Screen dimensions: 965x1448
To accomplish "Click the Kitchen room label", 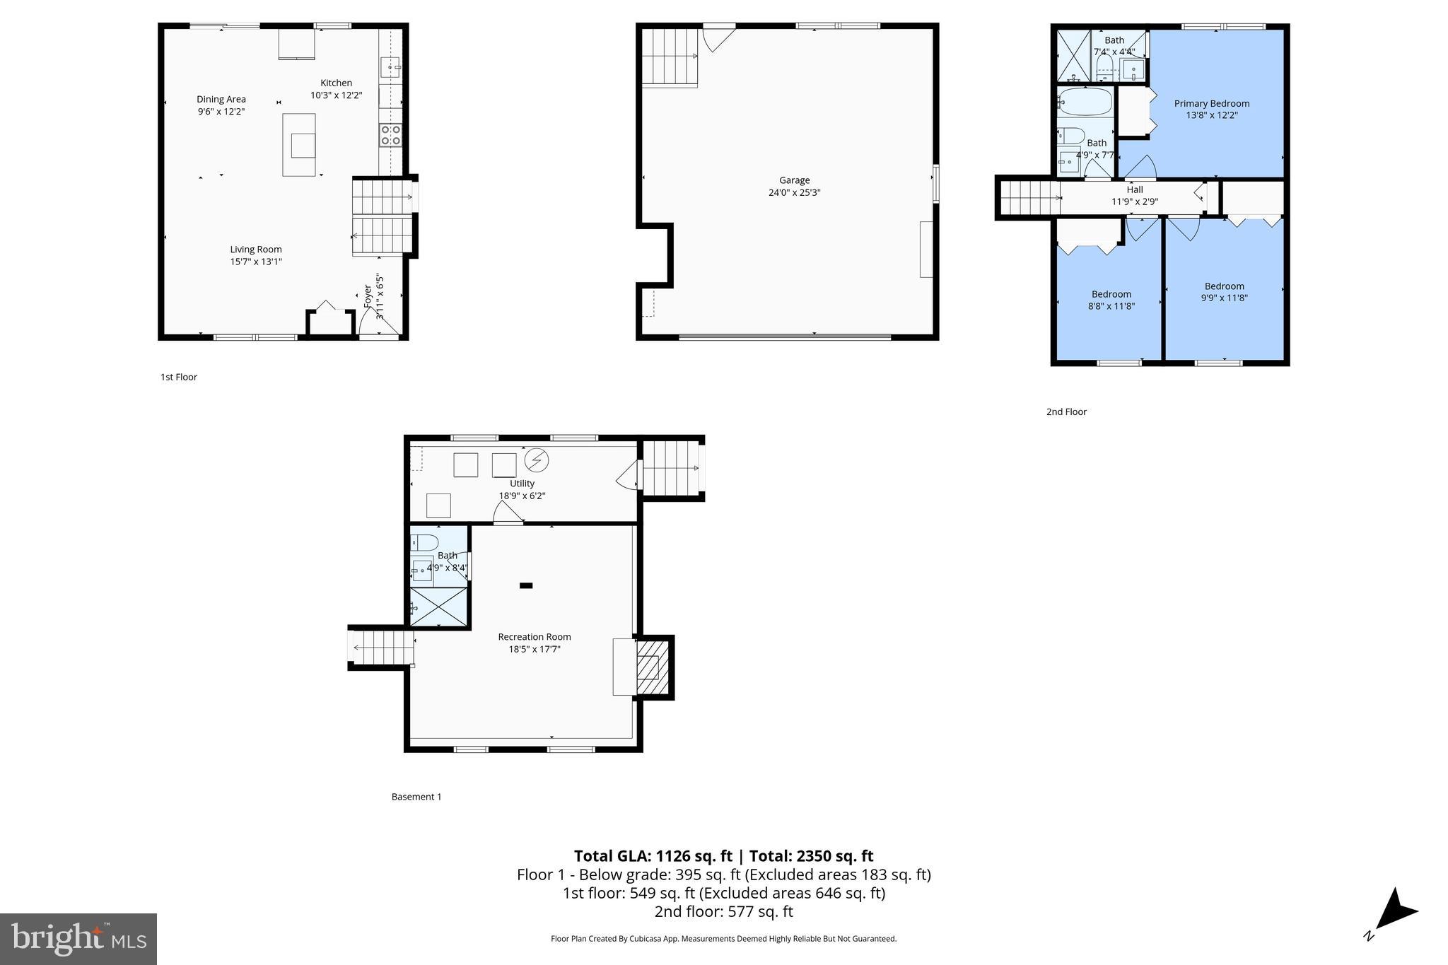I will (x=336, y=83).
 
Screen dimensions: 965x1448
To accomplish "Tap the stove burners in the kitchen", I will (x=390, y=135).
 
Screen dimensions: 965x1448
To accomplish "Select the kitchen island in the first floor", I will (x=299, y=144).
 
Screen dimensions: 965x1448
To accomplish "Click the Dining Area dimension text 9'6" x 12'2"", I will (x=221, y=111).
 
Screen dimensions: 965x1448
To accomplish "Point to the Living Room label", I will (x=255, y=249).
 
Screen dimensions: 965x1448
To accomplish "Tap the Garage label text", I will (x=794, y=180).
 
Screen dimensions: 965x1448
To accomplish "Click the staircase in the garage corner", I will (x=670, y=57).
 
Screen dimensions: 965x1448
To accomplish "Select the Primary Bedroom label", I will (x=1211, y=103).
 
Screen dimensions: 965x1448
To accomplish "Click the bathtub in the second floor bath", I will (x=1085, y=103).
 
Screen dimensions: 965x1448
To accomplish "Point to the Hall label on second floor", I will (x=1134, y=189).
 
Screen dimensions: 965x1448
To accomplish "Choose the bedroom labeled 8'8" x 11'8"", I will (x=1111, y=300).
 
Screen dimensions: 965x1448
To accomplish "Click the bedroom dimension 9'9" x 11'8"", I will (x=1224, y=298).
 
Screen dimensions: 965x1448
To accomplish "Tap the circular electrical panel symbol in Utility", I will (x=537, y=461).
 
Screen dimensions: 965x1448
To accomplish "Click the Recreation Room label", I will (x=534, y=636).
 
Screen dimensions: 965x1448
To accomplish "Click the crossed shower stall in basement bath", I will (x=438, y=607).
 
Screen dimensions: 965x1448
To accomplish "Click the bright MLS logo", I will (x=78, y=939).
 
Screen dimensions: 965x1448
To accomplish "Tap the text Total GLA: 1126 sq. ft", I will (x=653, y=856).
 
